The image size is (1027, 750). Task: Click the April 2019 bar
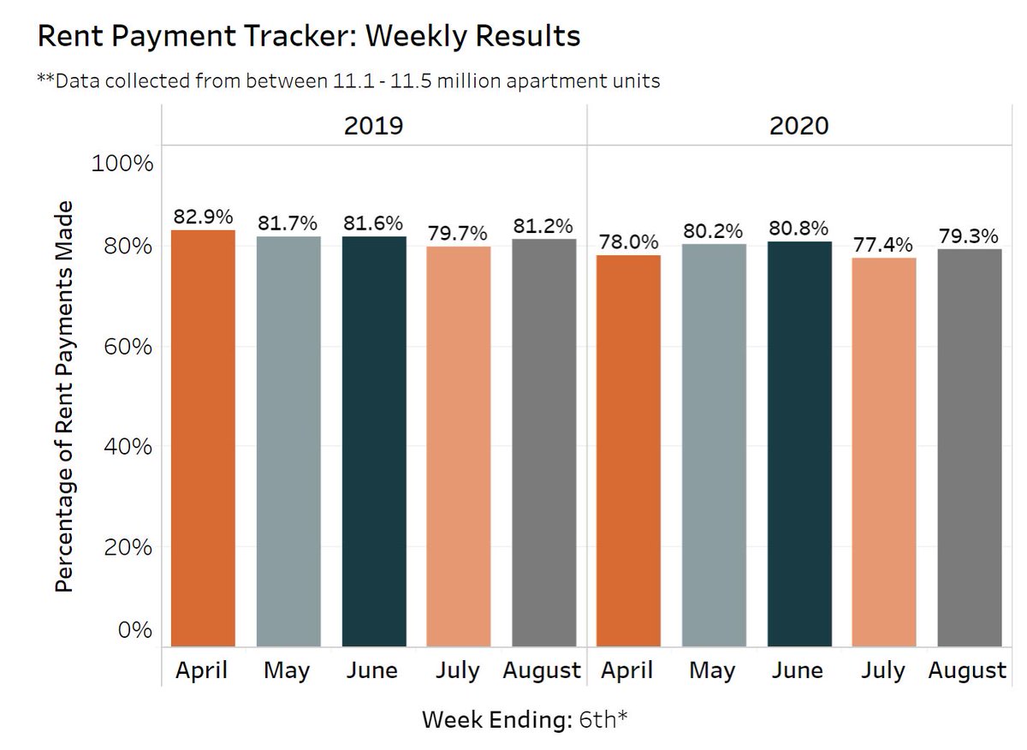point(203,437)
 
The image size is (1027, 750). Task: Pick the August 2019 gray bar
point(543,442)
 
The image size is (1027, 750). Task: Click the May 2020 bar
point(714,444)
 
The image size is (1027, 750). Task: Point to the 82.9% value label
point(203,217)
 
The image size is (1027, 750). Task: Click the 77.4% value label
point(884,246)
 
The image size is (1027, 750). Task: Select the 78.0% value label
point(629,242)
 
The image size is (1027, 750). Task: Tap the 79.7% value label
point(458,234)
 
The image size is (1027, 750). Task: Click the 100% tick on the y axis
point(122,163)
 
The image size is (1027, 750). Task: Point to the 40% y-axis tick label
point(125,446)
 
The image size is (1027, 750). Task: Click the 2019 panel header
point(373,126)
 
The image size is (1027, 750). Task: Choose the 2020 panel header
point(799,126)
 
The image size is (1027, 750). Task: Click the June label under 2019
point(372,670)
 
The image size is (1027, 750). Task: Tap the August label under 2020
point(968,670)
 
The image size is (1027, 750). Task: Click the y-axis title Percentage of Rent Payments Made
point(65,396)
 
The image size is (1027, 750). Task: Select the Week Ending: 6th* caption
point(525,720)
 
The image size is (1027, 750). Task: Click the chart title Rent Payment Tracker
point(309,36)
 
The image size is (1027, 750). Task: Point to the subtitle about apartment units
point(348,80)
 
